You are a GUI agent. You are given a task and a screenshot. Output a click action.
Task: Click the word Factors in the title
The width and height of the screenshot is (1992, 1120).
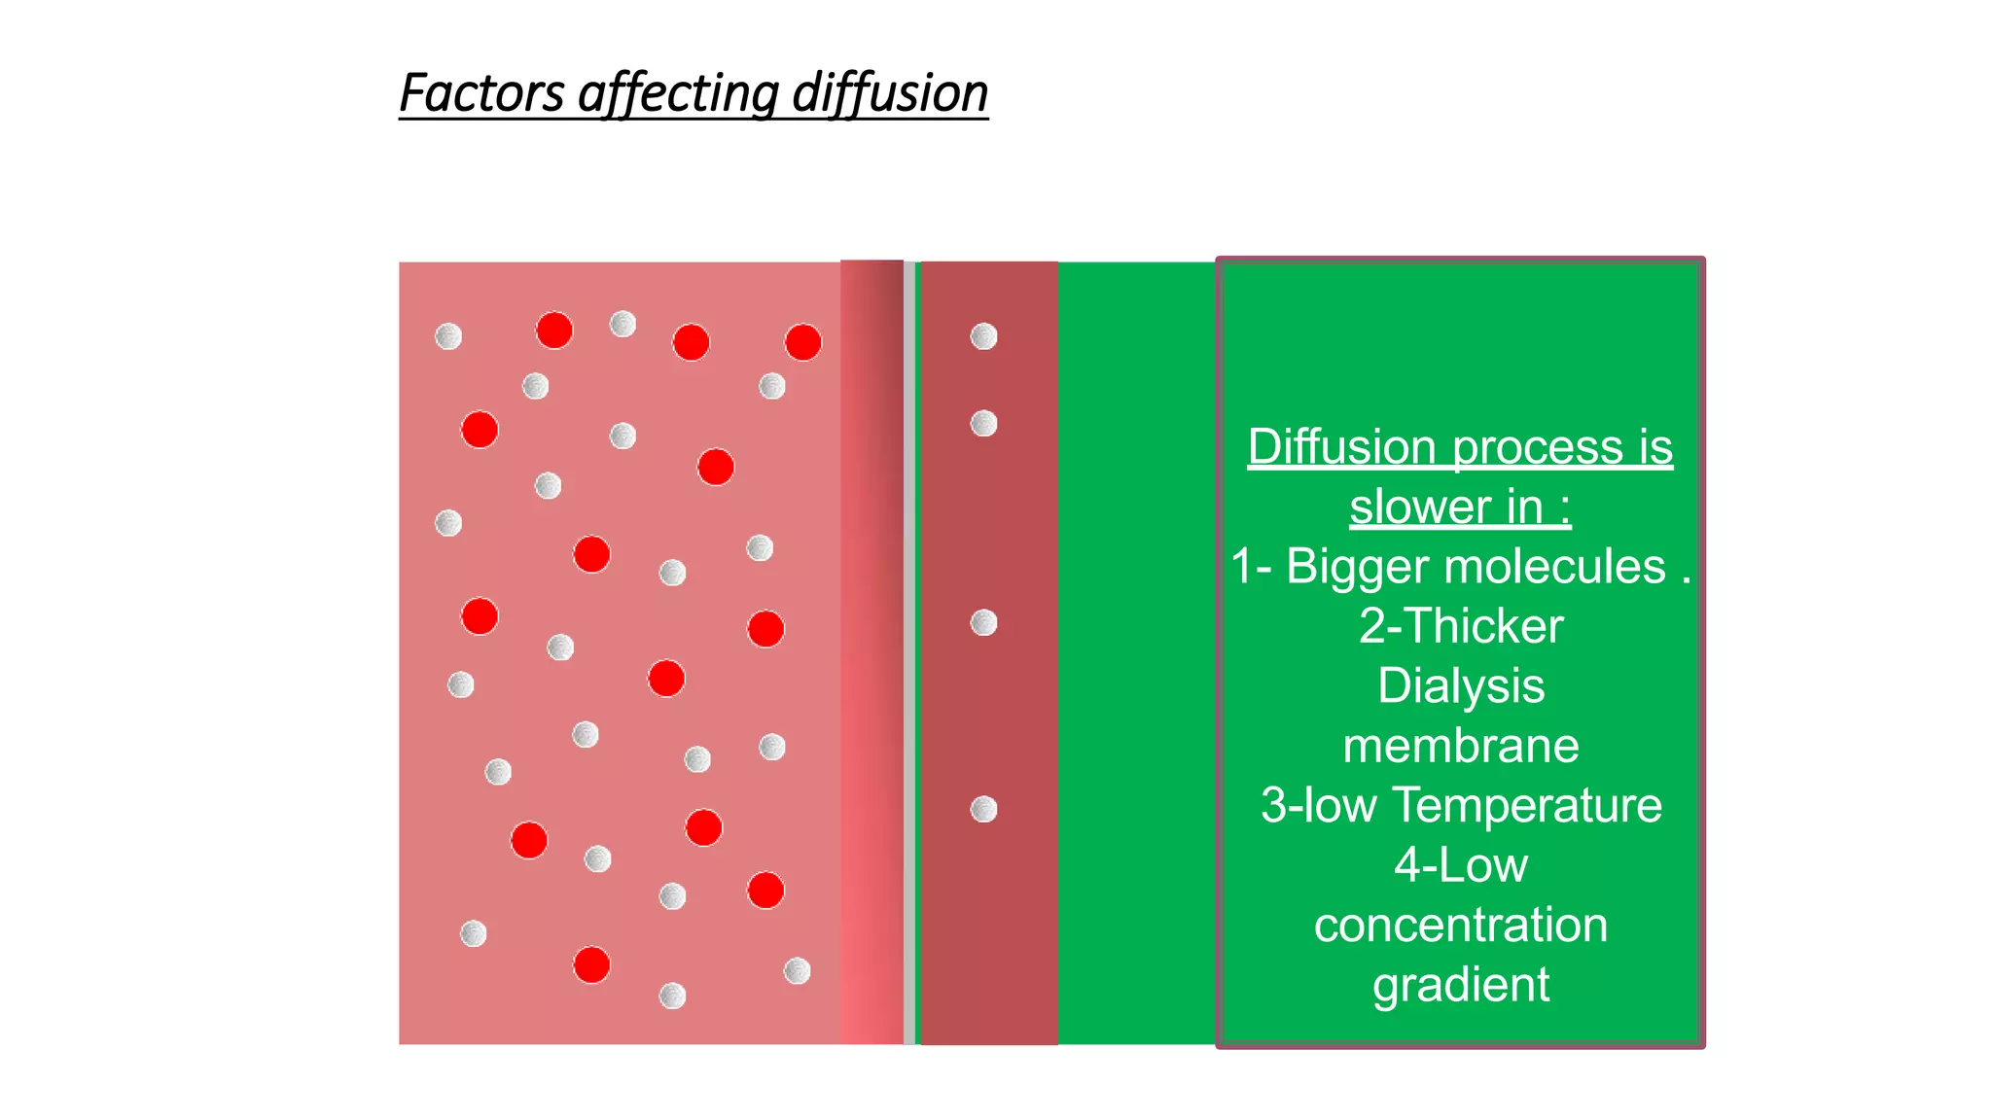[x=481, y=93]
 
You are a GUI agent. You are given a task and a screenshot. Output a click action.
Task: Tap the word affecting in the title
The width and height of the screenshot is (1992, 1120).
[x=678, y=95]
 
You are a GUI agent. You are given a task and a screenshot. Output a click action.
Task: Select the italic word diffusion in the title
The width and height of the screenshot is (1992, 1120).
[x=890, y=93]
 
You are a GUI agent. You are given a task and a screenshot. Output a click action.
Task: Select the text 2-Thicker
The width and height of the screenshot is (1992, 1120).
[x=1461, y=625]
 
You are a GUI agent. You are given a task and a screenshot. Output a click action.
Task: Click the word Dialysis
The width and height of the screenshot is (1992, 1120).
[x=1461, y=685]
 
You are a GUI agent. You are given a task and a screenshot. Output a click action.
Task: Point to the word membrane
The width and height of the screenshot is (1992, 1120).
[x=1461, y=746]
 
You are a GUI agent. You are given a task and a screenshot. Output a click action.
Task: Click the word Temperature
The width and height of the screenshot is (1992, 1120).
[x=1527, y=805]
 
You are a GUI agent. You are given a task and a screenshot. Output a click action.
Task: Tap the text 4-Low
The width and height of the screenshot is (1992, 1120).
[x=1461, y=865]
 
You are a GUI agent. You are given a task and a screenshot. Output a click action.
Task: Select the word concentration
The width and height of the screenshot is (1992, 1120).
[x=1461, y=925]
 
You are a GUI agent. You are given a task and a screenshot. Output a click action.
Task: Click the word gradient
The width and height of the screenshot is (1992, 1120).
[x=1461, y=985]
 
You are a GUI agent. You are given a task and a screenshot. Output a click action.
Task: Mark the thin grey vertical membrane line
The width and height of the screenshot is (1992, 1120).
[x=909, y=651]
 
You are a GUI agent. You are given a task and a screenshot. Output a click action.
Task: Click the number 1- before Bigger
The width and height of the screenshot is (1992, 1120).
[x=1251, y=566]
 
